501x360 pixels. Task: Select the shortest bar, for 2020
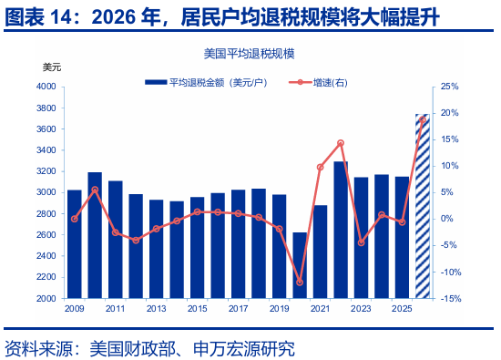(x=300, y=265)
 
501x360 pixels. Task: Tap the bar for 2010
(x=95, y=235)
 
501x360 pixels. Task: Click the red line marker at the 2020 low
(x=300, y=283)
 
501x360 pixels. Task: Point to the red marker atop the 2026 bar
(x=422, y=120)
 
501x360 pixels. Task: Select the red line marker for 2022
(x=341, y=143)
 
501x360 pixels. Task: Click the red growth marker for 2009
(x=75, y=219)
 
